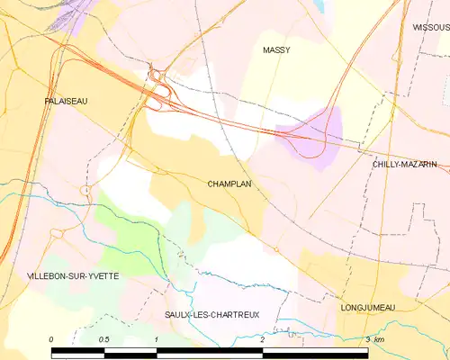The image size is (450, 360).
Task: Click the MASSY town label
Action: click(276, 50)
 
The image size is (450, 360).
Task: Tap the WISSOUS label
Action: click(431, 28)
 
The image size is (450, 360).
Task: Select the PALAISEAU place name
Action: click(66, 103)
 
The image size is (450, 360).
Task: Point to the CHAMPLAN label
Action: click(229, 184)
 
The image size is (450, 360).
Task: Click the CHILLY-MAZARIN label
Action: click(405, 165)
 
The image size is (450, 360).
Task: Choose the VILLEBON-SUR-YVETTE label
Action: click(73, 275)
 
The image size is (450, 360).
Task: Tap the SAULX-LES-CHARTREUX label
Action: click(212, 315)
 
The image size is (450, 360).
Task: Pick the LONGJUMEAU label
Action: click(369, 308)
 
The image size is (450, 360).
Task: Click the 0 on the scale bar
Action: click(52, 339)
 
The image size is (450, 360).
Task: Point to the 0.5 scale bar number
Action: click(103, 339)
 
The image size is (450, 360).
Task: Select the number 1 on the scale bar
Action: click(157, 339)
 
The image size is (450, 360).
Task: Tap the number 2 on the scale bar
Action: click(262, 339)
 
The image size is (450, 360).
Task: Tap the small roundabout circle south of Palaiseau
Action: click(87, 191)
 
